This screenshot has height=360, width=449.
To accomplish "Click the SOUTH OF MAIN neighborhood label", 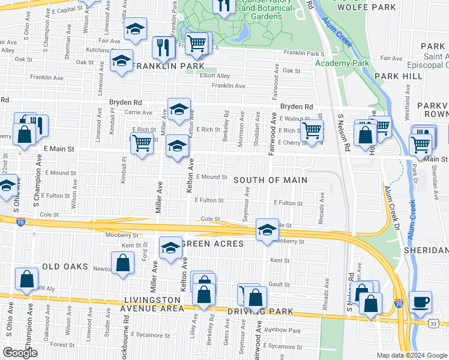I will (270, 180).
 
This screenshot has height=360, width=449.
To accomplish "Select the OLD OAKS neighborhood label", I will (65, 266).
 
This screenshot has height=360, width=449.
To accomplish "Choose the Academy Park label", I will (342, 63).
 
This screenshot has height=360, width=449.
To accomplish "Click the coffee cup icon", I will (421, 301).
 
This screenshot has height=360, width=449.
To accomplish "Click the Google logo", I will (20, 353).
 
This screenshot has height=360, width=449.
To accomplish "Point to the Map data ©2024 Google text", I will (412, 355).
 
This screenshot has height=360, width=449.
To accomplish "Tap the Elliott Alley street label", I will (215, 76).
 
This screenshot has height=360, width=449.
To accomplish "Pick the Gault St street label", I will (280, 284).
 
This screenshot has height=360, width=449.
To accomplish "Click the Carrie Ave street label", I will (138, 112).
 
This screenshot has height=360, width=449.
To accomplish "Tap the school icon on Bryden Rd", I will (179, 109).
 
